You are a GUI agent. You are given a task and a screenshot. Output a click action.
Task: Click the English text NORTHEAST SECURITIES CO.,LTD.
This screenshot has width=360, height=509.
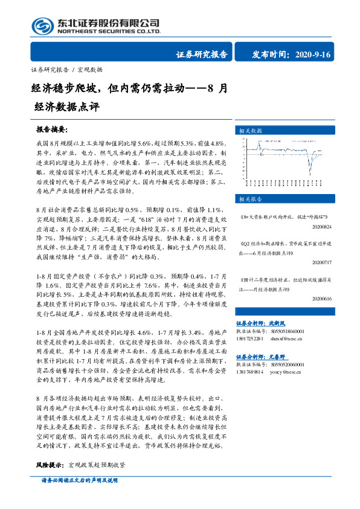pos(109,31)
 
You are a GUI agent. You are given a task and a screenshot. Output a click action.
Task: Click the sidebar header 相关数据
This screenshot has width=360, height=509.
pos(250,130)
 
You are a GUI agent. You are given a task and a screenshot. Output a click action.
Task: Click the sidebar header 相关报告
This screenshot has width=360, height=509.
pos(250,198)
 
